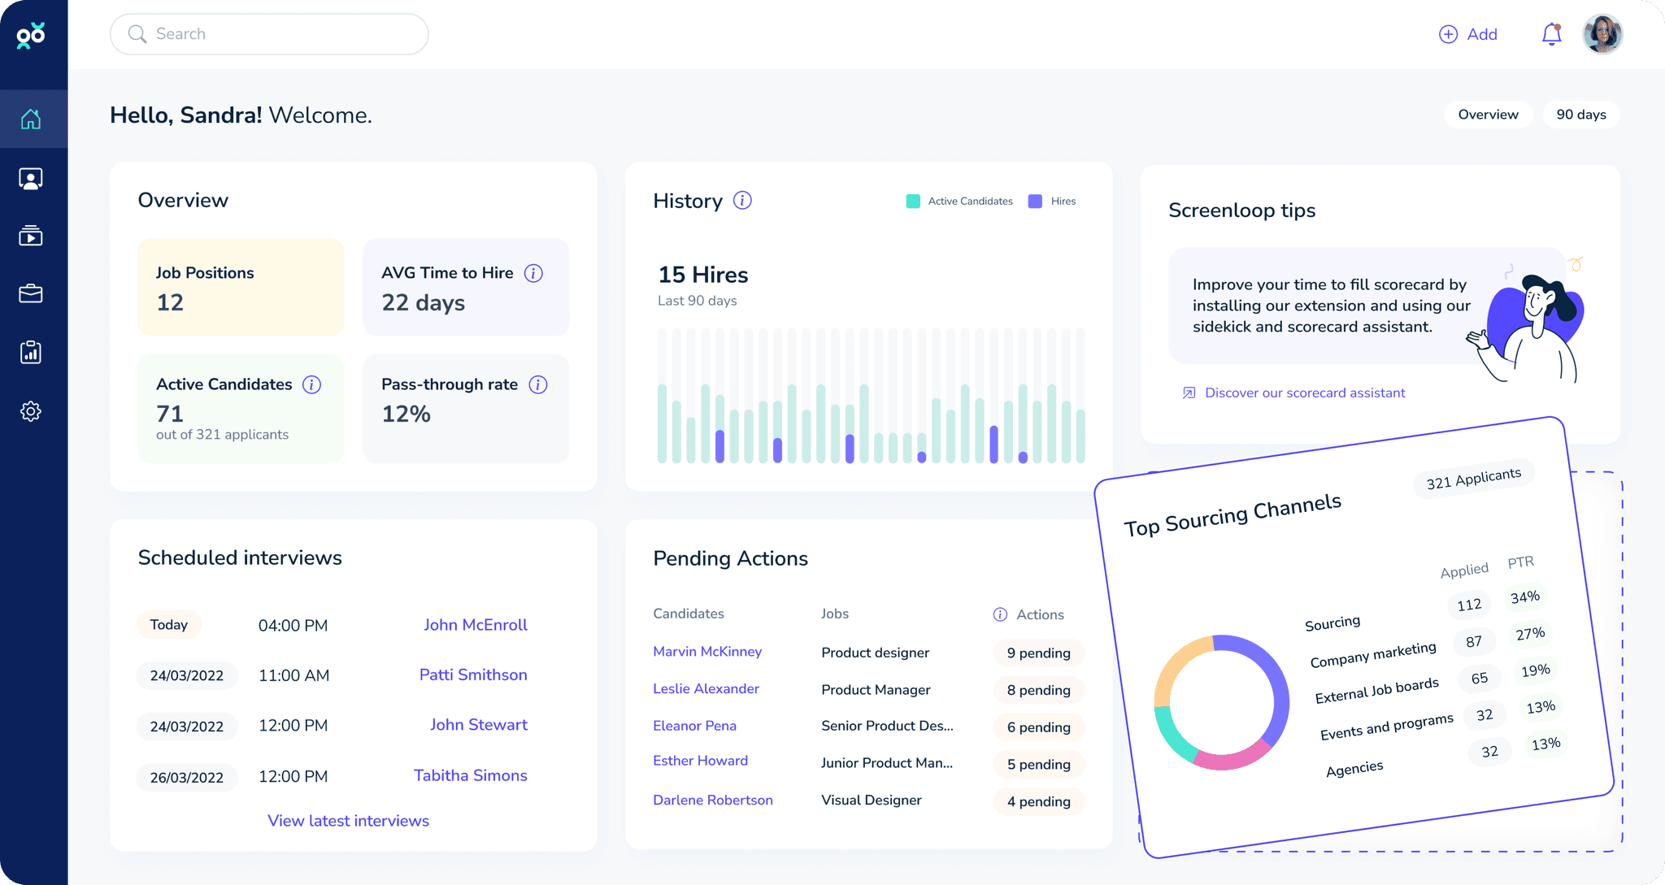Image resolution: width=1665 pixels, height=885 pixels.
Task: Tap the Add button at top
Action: coord(1468,34)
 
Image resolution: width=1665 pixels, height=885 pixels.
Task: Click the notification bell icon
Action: coord(1551,34)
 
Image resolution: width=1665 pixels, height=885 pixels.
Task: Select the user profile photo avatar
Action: coord(1602,34)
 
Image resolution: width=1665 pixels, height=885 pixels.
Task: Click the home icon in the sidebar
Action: coord(31,119)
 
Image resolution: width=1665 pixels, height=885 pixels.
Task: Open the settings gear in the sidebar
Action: coord(31,411)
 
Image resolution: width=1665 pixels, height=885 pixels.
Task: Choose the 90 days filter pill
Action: coord(1580,115)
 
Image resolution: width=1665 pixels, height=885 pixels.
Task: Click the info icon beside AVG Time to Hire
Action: coord(533,273)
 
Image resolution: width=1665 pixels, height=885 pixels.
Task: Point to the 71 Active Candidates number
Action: coord(170,414)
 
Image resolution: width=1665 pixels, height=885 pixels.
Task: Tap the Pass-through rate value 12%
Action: coord(406,414)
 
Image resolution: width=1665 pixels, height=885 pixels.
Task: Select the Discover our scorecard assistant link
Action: coord(1304,393)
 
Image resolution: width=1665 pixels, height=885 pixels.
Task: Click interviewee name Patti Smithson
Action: coord(473,675)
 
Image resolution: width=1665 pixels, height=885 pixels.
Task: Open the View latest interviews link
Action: coord(348,821)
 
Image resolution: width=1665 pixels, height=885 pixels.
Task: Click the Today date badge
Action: coord(168,624)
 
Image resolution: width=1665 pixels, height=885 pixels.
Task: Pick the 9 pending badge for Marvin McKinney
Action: coord(1038,653)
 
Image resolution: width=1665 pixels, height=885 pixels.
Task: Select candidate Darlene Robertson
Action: coord(712,800)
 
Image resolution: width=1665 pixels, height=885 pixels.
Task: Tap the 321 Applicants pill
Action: coord(1473,479)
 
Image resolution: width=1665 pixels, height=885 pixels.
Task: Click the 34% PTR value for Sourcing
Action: coord(1524,597)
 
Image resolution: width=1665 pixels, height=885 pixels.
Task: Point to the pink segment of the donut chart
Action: coord(1232,758)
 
